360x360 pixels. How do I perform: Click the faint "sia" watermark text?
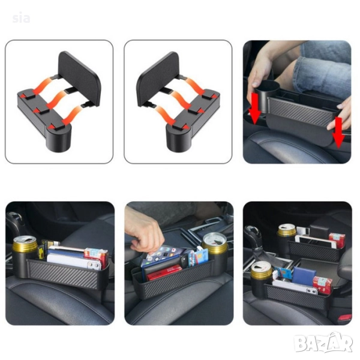point(21,17)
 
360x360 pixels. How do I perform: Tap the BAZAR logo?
point(324,343)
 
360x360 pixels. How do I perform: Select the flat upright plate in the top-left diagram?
point(79,78)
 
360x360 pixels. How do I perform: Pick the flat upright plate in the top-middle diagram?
point(158,79)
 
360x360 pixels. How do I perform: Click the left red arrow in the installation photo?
point(256,109)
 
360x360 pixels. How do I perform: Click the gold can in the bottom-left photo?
point(25,244)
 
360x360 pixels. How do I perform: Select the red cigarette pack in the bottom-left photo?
point(97,256)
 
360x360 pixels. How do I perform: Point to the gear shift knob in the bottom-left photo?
point(14,220)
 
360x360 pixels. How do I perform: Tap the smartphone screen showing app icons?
point(162,255)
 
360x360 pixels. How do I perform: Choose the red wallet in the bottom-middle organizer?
point(164,272)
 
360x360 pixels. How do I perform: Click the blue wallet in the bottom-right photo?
point(304,277)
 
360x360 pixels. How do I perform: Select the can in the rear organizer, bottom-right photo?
point(287,230)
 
